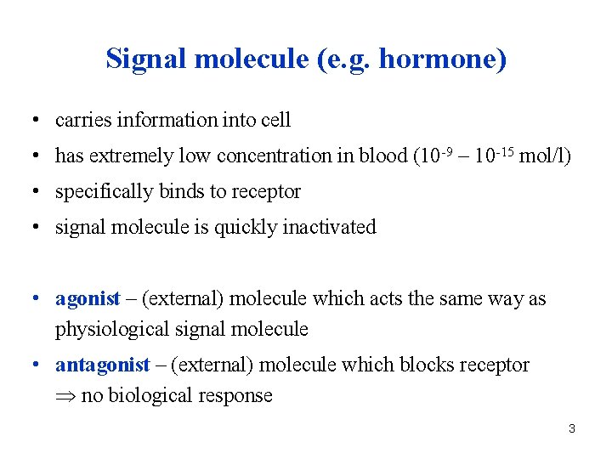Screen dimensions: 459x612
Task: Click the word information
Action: click(x=163, y=121)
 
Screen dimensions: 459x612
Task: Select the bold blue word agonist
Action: click(x=88, y=299)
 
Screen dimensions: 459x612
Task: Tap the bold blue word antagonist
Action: click(x=103, y=365)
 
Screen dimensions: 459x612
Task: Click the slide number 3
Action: click(x=572, y=429)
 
